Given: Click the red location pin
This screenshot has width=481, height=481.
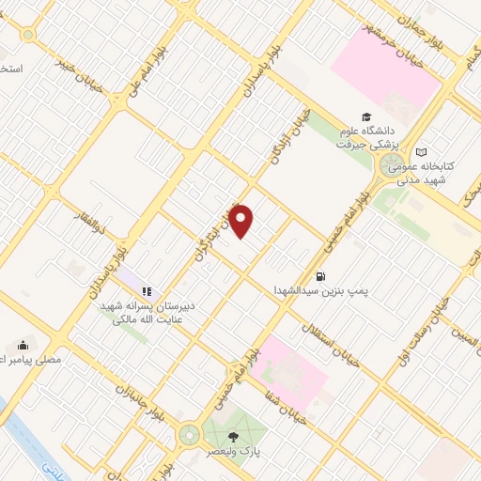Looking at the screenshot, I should [241, 221].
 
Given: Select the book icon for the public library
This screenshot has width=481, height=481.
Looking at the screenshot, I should [422, 152].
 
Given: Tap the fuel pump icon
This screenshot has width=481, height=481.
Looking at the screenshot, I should [321, 276].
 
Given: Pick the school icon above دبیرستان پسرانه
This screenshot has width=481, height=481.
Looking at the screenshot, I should [147, 291].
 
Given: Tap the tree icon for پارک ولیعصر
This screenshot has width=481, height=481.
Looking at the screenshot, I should [233, 437].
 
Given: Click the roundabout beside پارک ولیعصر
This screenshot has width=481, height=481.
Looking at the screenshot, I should [190, 435].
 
